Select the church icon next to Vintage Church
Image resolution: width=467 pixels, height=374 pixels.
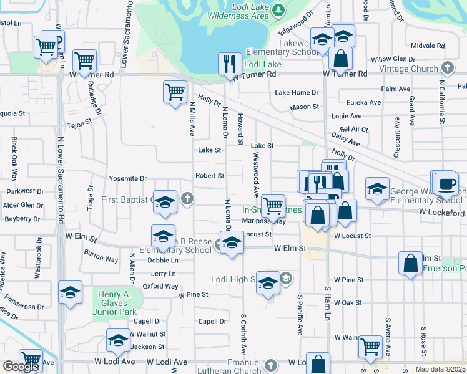point(447,67)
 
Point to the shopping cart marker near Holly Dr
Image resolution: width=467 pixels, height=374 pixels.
point(175,92)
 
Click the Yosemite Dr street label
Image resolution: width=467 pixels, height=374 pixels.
point(127,178)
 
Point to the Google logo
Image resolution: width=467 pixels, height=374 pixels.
point(21,367)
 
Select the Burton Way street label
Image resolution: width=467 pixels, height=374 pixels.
point(101,254)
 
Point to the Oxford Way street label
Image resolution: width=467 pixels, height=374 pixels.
point(160,286)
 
